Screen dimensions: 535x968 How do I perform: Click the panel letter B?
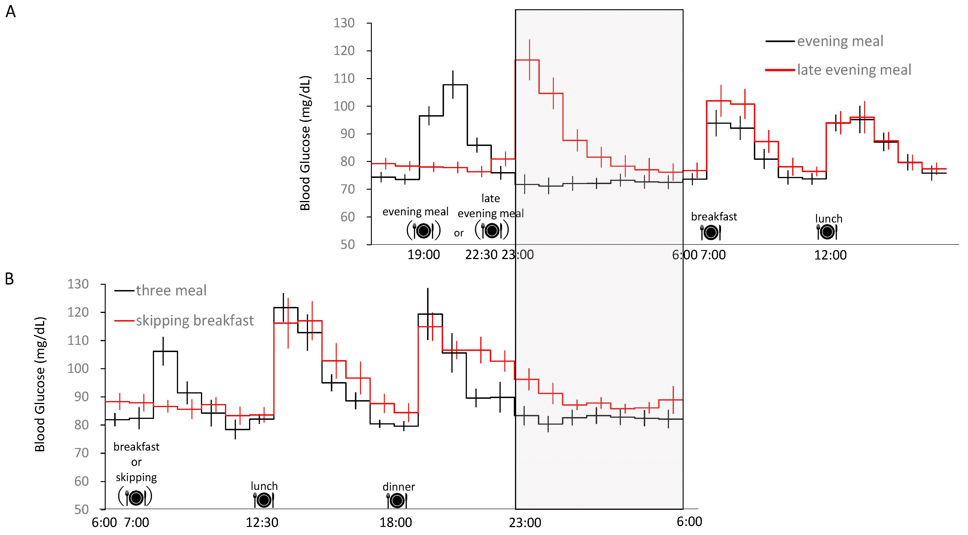9,279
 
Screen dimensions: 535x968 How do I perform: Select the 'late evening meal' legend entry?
854,70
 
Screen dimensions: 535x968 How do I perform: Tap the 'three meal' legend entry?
171,291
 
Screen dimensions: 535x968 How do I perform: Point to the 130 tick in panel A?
344,23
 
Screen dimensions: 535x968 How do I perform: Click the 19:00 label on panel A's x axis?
423,255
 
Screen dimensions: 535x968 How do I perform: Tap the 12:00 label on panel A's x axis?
830,255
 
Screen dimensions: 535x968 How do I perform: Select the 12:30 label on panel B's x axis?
262,522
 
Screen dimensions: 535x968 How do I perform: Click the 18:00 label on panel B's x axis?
395,522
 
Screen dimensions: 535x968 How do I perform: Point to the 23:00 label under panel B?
525,522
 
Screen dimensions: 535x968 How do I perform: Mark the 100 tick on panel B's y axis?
78,368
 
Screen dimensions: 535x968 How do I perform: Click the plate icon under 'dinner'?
397,500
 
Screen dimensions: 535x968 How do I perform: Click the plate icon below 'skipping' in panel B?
135,497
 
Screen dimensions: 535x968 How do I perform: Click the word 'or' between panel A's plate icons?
458,233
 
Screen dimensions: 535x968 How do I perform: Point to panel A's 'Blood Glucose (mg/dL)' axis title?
305,143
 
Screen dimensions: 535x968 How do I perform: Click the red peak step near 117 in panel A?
527,60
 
